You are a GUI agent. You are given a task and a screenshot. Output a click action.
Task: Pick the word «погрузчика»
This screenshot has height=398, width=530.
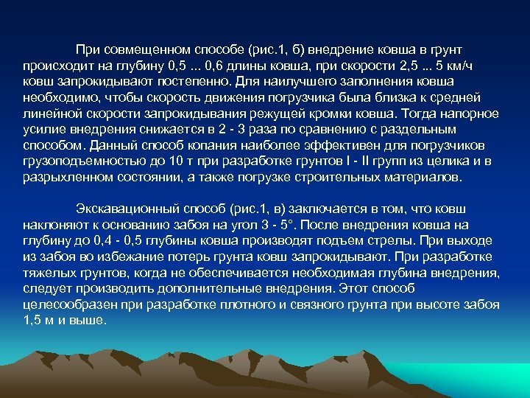pyautogui.click(x=321, y=97)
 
